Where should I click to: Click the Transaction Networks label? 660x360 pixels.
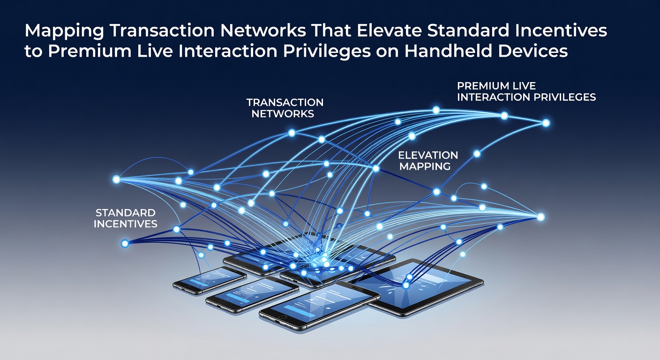285,108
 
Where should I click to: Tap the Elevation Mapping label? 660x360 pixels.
428,161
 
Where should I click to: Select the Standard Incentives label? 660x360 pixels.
126,218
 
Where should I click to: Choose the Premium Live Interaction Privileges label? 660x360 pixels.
526,91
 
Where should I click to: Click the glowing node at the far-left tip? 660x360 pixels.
116,179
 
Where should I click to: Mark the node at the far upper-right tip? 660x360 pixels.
546,123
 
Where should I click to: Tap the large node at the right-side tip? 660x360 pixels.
540,217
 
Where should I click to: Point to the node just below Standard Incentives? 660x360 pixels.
125,244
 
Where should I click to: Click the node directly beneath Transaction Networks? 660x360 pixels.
292,133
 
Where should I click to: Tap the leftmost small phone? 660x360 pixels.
210,280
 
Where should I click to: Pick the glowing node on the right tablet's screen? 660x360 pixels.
406,285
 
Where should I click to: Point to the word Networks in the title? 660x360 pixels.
263,30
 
